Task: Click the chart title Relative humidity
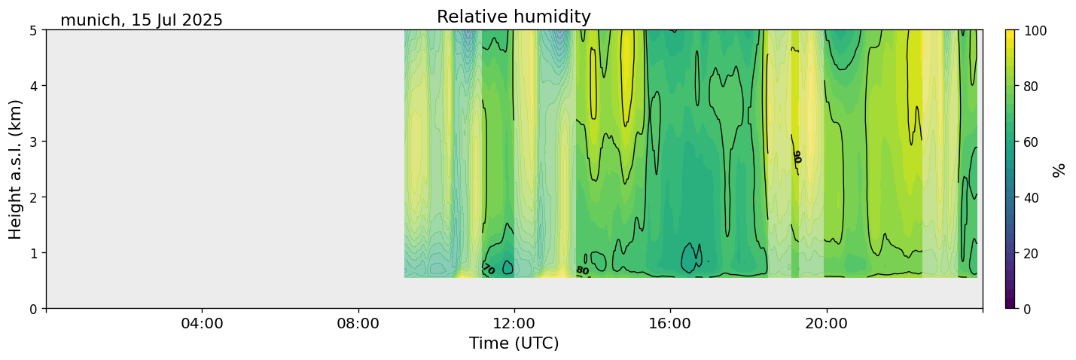(514, 17)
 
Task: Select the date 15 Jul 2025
(177, 20)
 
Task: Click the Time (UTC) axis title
(514, 343)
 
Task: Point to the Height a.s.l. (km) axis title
(16, 169)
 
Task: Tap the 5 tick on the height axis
(34, 30)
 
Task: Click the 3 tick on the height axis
(34, 142)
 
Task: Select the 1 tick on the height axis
(34, 252)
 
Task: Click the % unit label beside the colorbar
(1059, 169)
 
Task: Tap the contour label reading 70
(488, 269)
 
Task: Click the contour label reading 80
(582, 270)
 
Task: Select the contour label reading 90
(797, 157)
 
